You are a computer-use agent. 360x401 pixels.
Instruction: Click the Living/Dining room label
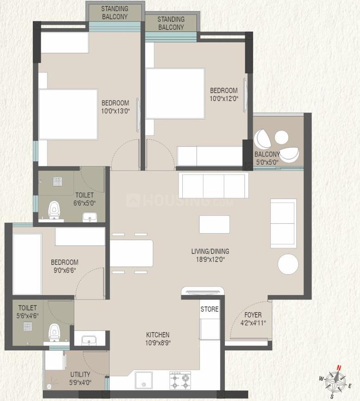[x=210, y=251]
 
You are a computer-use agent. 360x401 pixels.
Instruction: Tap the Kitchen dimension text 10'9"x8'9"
[x=158, y=343]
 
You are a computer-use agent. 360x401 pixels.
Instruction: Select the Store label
[x=210, y=309]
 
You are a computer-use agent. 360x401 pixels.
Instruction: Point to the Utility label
[x=80, y=374]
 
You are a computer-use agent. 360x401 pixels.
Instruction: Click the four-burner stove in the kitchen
[x=180, y=380]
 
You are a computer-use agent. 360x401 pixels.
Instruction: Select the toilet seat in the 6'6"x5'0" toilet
[x=54, y=210]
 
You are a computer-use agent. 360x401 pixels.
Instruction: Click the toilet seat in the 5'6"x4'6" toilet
[x=54, y=332]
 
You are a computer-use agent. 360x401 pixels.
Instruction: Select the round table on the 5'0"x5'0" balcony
[x=282, y=137]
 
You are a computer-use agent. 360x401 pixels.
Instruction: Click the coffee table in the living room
[x=214, y=224]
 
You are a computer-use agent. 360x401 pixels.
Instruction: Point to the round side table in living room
[x=288, y=264]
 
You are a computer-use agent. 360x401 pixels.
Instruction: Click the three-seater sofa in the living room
[x=213, y=186]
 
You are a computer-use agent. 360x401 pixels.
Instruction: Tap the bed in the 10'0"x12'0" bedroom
[x=175, y=94]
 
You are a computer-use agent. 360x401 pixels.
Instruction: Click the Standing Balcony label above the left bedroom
[x=115, y=12]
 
